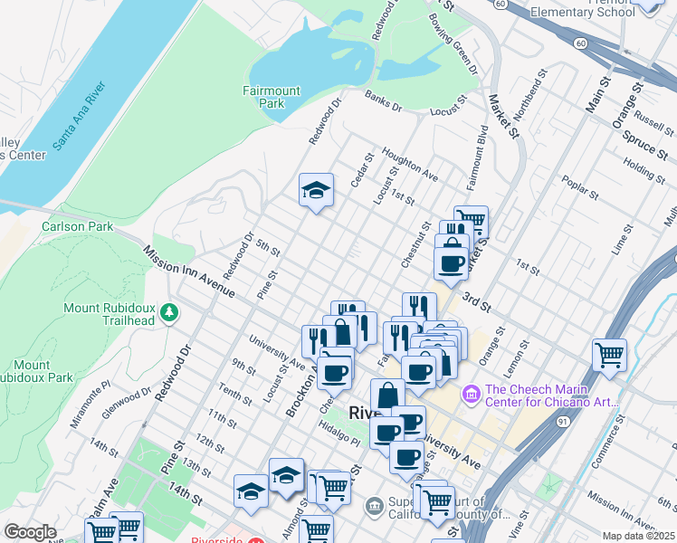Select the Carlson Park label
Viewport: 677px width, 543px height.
(77, 226)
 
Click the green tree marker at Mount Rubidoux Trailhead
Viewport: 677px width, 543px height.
(168, 313)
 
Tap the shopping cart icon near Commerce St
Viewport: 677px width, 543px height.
(609, 355)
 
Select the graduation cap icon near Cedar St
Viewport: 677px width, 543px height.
(316, 190)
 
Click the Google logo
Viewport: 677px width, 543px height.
(30, 531)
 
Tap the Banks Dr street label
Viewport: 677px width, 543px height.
(382, 100)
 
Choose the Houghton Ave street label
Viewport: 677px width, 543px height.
(409, 164)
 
